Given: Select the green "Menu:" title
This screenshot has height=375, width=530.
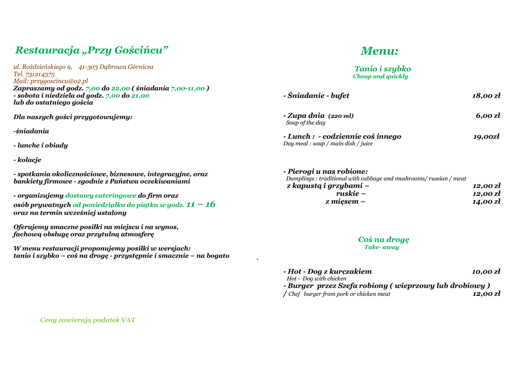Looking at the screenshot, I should click(x=379, y=51).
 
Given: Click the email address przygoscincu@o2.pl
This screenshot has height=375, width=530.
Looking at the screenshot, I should click(x=59, y=81).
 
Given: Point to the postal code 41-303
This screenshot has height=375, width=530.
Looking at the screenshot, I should click(x=88, y=67).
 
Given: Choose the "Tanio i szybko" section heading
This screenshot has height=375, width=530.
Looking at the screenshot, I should click(x=382, y=69).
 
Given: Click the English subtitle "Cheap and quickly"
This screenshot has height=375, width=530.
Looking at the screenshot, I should click(x=380, y=77).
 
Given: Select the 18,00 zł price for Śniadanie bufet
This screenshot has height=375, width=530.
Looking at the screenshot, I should click(x=486, y=96).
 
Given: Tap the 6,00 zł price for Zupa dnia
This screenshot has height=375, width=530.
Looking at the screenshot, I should click(x=488, y=116).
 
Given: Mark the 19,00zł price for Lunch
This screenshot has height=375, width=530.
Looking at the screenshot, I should click(x=486, y=137).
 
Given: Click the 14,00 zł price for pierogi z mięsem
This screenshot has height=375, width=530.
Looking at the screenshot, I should click(x=486, y=201).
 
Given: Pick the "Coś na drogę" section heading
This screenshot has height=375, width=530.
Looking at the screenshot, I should click(x=384, y=239).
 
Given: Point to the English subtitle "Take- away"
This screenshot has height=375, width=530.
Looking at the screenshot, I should click(x=381, y=247).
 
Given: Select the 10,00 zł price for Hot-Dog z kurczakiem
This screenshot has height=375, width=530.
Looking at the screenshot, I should click(x=486, y=272).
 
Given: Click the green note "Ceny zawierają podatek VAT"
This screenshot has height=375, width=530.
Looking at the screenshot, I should click(x=88, y=320).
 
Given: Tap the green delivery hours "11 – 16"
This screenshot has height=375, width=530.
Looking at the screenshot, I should click(x=201, y=204).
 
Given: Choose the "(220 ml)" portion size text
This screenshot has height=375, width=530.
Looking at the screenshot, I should click(x=341, y=116).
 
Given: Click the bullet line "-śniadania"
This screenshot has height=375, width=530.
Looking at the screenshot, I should click(x=31, y=131).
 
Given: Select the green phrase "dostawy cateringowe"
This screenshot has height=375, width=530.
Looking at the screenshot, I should click(x=101, y=196).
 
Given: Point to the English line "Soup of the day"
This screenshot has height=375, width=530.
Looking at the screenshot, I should click(x=305, y=123).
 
